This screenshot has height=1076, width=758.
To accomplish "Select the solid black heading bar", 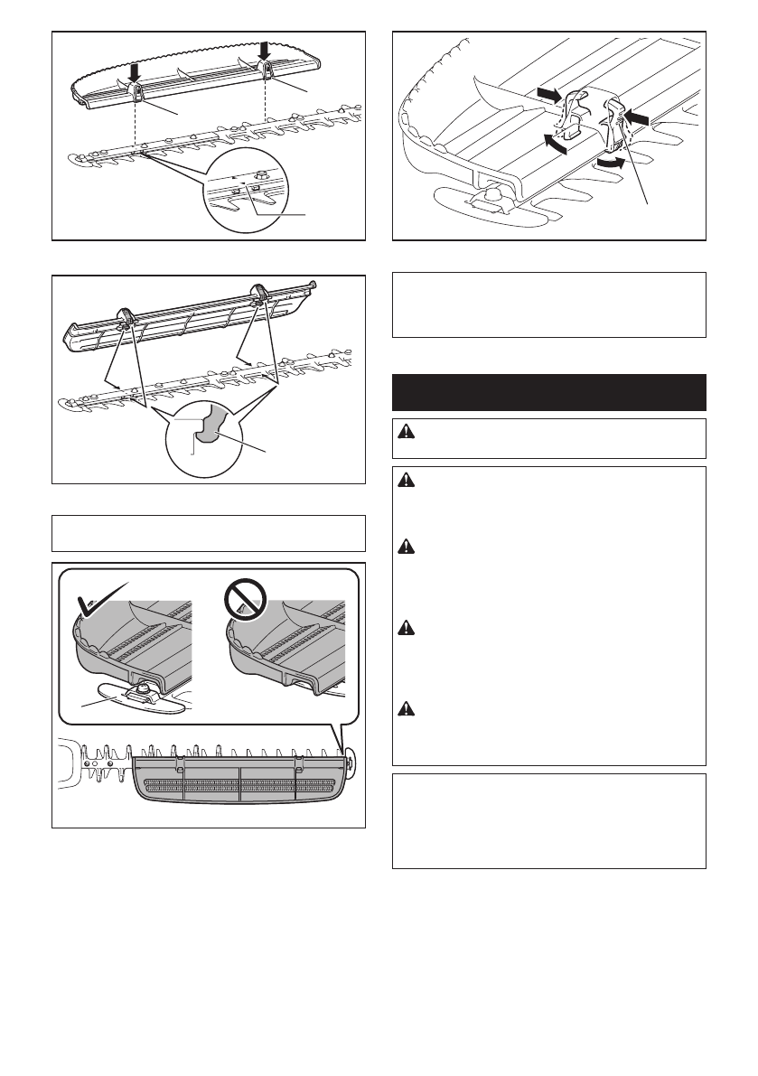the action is pos(548,391).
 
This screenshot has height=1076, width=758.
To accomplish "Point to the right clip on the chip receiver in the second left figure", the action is pos(263,292).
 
